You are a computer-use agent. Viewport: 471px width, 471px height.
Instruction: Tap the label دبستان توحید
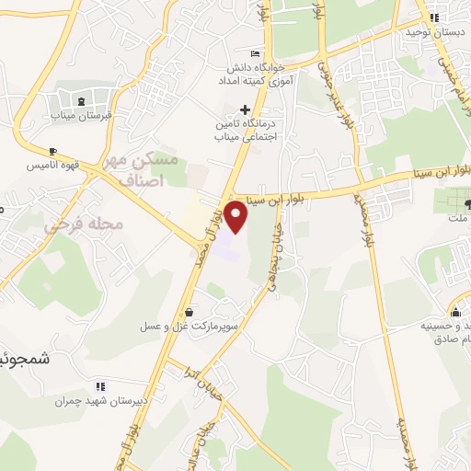[x=433, y=31]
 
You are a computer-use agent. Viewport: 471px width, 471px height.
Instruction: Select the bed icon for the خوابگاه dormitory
[x=255, y=54]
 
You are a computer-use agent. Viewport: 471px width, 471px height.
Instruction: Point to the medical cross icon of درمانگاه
[x=245, y=109]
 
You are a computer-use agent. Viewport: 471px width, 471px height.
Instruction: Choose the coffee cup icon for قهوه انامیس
[x=52, y=150]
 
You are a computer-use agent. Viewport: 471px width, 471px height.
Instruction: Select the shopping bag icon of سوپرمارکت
[x=189, y=313]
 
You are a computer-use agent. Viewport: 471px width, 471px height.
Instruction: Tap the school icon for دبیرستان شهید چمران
[x=100, y=386]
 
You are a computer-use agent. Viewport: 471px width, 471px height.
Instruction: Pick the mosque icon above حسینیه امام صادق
[x=457, y=312]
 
